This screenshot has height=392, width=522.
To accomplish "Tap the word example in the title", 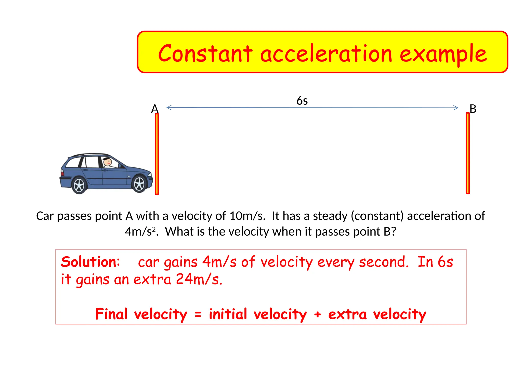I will [x=443, y=54].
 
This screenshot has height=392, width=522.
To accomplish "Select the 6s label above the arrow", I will [x=302, y=101].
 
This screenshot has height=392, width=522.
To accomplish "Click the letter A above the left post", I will [x=155, y=109].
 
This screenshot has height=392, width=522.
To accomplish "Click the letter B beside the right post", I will [x=473, y=109].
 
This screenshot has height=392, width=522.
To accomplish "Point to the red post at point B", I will [x=468, y=153].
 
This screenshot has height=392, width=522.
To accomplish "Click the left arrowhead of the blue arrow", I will [x=169, y=108].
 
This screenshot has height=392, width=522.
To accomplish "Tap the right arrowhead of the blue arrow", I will [x=456, y=108].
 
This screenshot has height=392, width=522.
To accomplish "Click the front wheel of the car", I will [x=139, y=184].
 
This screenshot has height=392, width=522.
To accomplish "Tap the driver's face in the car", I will [x=108, y=162].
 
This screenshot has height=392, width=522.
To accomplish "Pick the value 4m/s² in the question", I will [x=140, y=232].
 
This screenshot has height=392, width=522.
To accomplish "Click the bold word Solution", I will [x=90, y=262].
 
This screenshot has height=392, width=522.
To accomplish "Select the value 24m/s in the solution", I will [x=199, y=279].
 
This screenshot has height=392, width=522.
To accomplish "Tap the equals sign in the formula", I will [x=198, y=314].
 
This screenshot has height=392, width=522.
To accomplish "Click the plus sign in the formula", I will [x=318, y=314].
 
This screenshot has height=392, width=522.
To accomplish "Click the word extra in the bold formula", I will [x=347, y=314].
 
